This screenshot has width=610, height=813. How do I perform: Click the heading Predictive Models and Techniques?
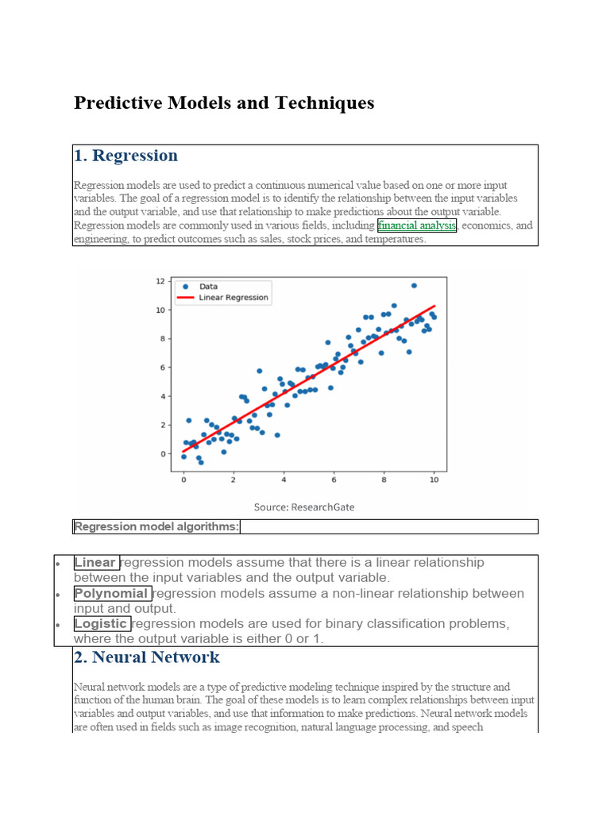[x=224, y=103]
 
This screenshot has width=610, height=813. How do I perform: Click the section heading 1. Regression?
[x=125, y=156]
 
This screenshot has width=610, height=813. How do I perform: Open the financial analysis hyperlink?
[x=417, y=225]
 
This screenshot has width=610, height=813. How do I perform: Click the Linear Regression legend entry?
[x=233, y=298]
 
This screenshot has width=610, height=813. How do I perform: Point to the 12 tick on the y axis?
[x=160, y=281]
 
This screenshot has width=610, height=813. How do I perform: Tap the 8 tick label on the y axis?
[x=161, y=339]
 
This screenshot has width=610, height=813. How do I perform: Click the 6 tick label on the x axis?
[x=334, y=480]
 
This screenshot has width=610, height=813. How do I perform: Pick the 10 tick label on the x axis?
[x=433, y=480]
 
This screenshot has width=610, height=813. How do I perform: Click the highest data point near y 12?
[x=414, y=285]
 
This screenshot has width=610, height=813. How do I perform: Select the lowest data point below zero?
[x=201, y=462]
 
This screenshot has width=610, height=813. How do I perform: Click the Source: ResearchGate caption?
[x=304, y=507]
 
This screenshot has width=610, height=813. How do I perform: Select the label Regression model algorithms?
[x=156, y=526]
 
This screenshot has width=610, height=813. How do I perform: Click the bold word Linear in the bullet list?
[x=95, y=563]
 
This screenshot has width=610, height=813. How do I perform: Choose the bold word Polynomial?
[x=111, y=594]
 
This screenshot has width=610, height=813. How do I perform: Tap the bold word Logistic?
[x=101, y=624]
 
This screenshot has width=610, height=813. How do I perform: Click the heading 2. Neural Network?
[x=146, y=657]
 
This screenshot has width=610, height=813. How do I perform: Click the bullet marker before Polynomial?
[x=59, y=595]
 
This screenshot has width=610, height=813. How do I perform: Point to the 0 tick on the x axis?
[x=183, y=480]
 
